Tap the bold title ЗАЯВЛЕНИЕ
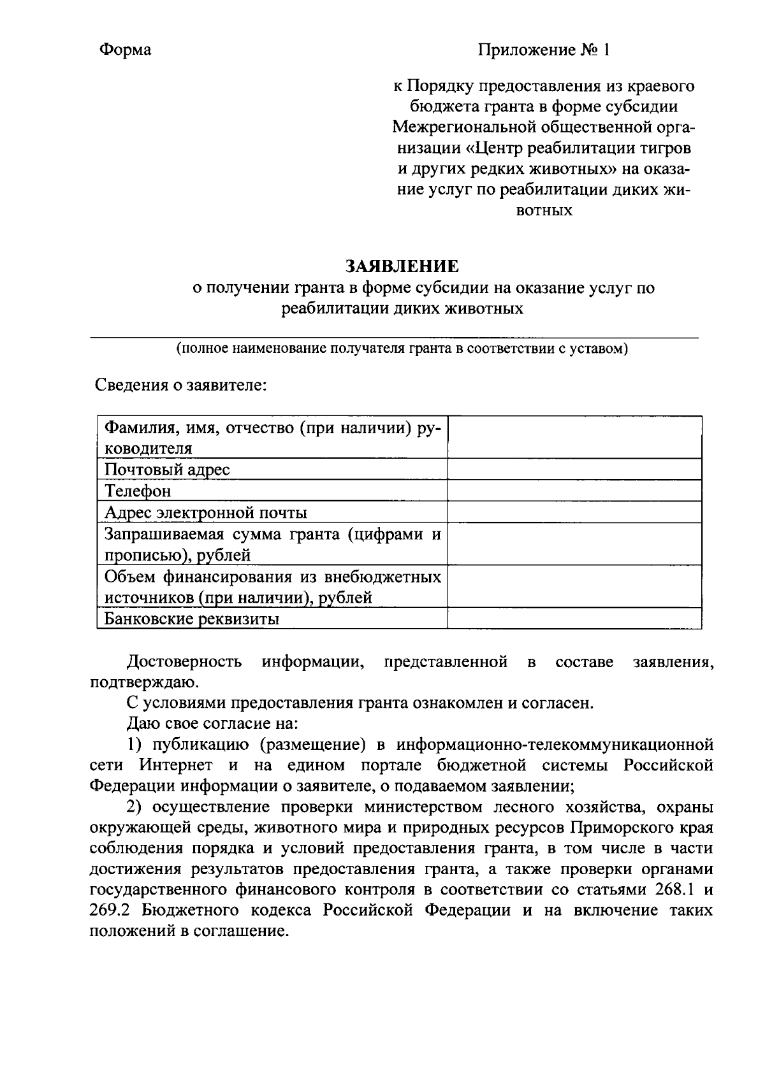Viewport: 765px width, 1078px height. pyautogui.click(x=402, y=266)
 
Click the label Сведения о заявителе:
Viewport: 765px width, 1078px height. pyautogui.click(x=180, y=385)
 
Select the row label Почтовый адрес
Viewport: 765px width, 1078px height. pyautogui.click(x=167, y=470)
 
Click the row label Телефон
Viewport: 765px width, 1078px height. pyautogui.click(x=138, y=491)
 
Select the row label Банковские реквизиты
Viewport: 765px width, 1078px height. pyautogui.click(x=192, y=619)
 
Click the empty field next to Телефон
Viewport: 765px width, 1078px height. pyautogui.click(x=574, y=491)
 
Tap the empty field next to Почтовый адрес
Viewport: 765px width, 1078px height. pyautogui.click(x=574, y=470)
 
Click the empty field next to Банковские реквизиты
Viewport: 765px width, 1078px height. pyautogui.click(x=574, y=619)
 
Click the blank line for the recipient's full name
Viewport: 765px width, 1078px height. pyautogui.click(x=394, y=331)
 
